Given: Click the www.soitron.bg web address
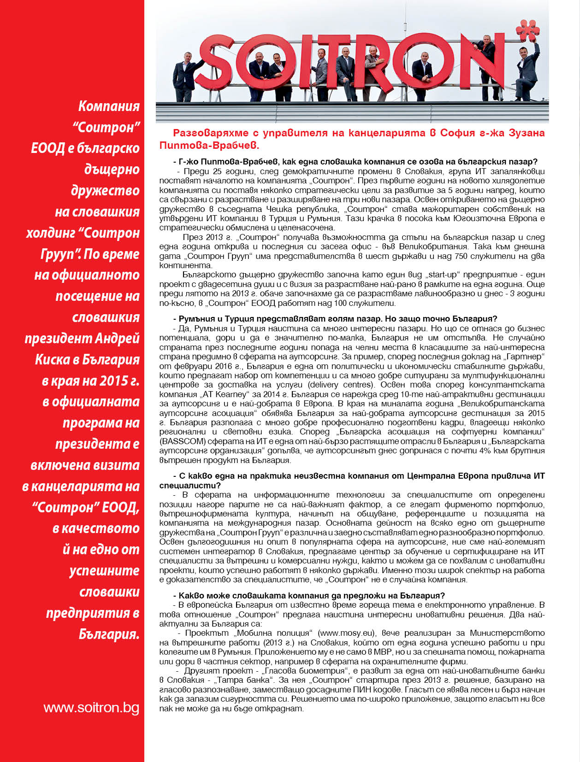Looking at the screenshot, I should [91, 708].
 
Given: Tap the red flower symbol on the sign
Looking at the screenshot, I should [528, 31].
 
